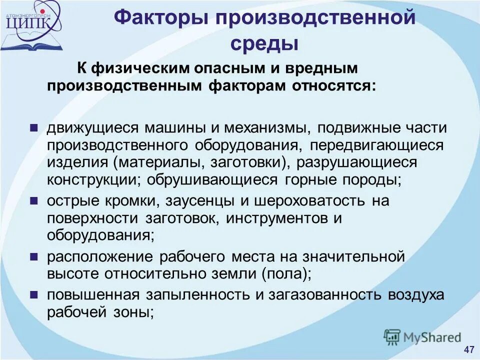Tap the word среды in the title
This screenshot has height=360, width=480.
264,43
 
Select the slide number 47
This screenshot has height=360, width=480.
469,349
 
